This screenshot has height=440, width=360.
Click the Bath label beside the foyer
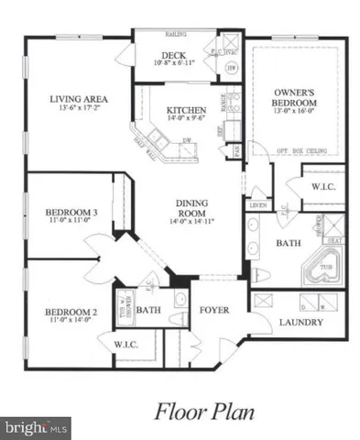[x=148, y=311]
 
